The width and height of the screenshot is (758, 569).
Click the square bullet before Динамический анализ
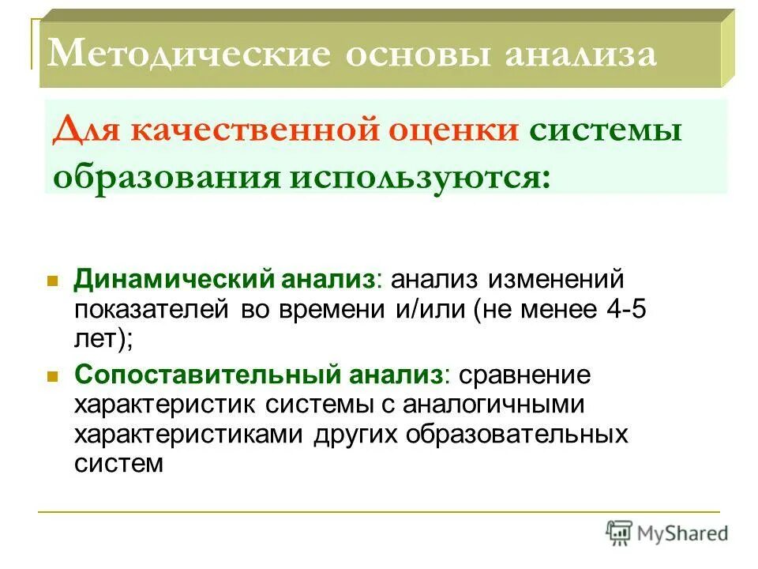tap(53, 281)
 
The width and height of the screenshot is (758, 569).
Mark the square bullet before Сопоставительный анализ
tap(53, 375)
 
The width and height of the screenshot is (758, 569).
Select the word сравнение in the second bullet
tap(535, 375)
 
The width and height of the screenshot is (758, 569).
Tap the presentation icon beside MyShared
tap(619, 532)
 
